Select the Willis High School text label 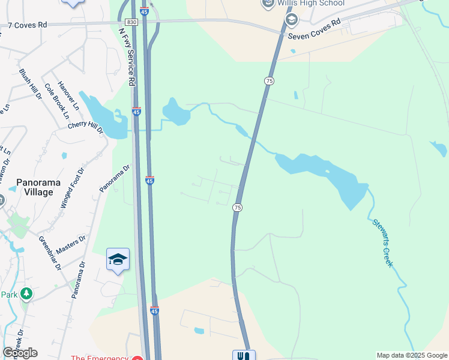[x=310, y=3]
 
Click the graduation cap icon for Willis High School [x=292, y=20]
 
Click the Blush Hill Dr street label [x=29, y=84]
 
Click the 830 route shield [x=132, y=22]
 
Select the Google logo [x=20, y=352]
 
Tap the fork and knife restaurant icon [x=244, y=356]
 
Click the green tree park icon [x=26, y=293]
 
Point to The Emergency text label [x=99, y=358]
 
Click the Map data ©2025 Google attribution [x=411, y=355]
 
